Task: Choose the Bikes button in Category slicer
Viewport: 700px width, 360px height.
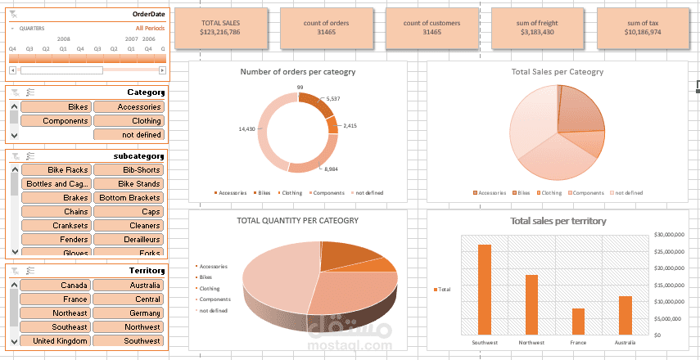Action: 55,107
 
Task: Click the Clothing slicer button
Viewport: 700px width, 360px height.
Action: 129,121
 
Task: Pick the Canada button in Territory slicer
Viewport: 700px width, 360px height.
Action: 55,286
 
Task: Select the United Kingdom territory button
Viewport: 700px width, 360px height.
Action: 55,340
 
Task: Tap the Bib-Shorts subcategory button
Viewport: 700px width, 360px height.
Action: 129,170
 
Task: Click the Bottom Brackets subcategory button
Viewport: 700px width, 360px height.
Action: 129,198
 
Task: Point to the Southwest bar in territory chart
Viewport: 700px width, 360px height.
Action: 485,290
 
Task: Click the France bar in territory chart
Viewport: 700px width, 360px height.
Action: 578,322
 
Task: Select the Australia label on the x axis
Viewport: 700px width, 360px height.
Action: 625,342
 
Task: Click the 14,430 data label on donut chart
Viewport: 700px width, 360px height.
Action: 246,128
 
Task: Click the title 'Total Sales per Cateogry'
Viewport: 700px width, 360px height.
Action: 557,72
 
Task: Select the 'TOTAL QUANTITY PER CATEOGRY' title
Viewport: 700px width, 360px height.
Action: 297,220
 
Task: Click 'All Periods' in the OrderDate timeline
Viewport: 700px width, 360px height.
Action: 151,28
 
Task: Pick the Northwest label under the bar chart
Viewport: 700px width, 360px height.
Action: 531,342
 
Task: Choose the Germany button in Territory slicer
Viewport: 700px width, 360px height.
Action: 129,313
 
